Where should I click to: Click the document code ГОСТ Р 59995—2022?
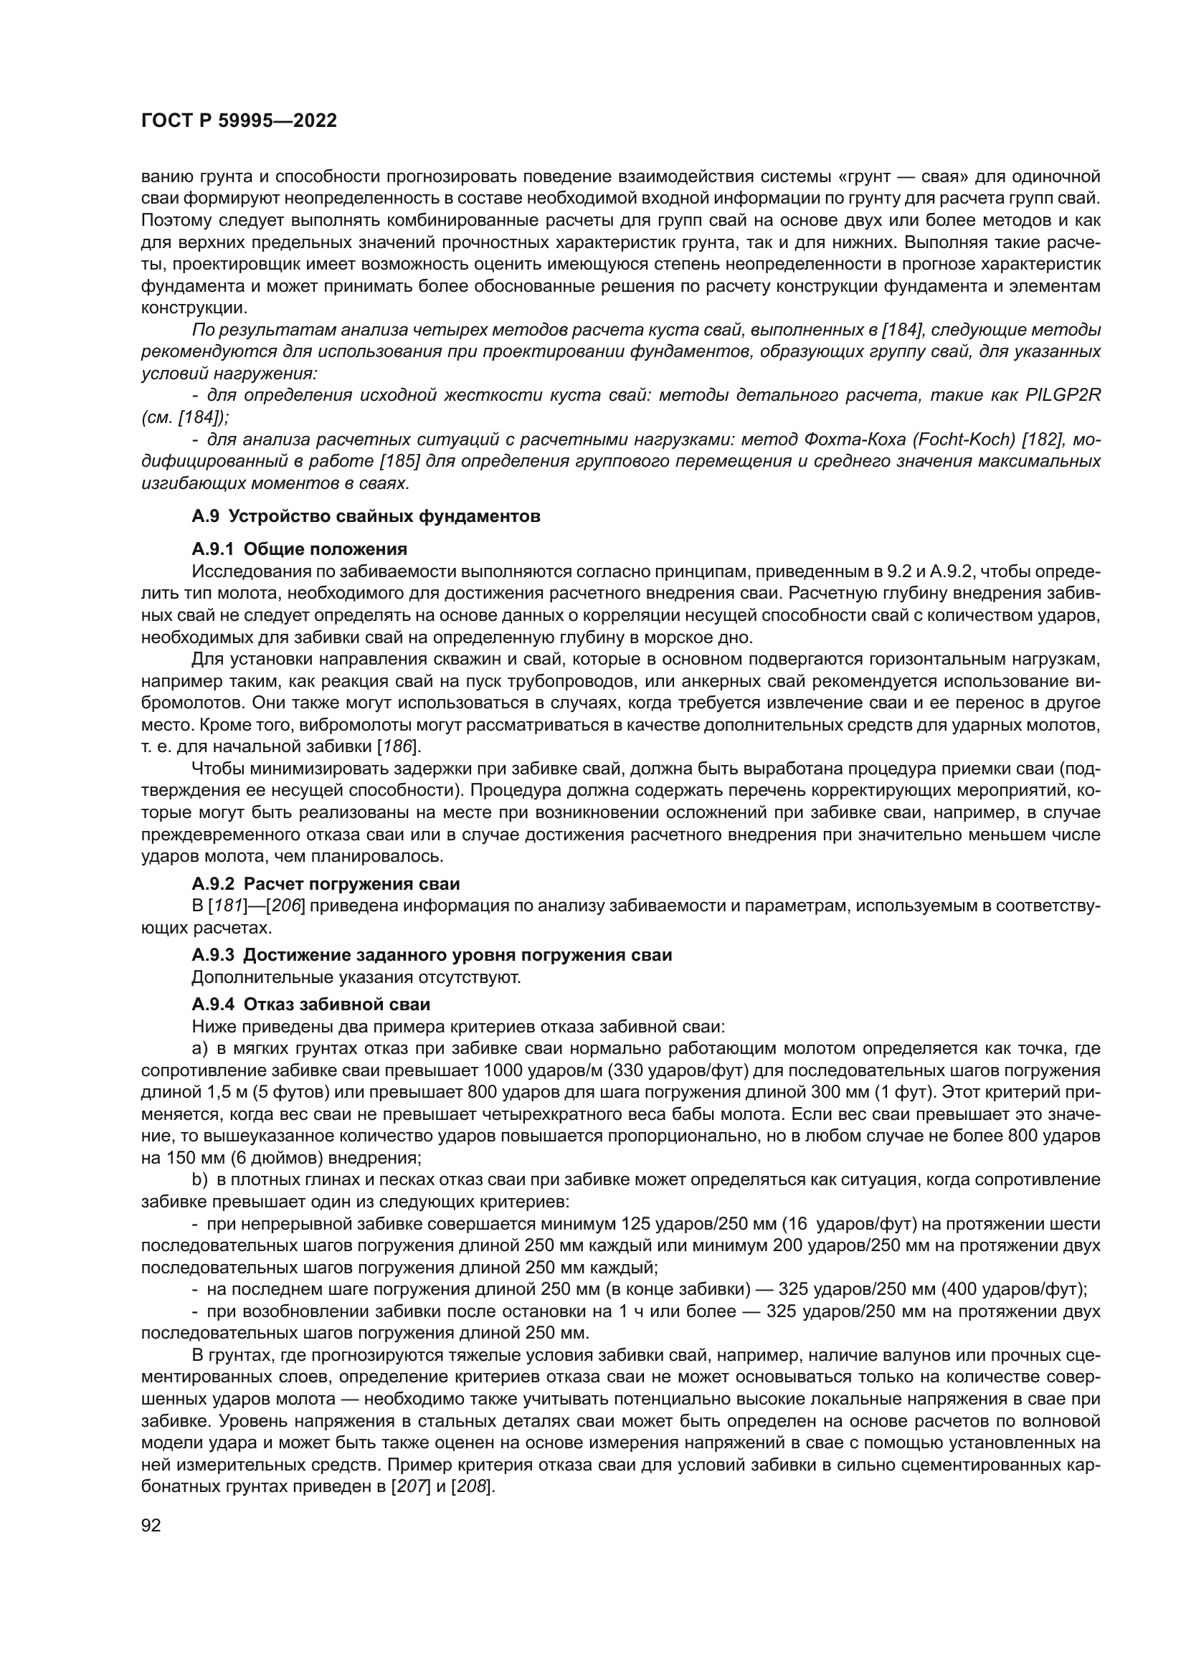point(239,121)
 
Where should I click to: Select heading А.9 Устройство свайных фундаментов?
point(366,516)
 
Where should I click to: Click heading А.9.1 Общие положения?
point(300,548)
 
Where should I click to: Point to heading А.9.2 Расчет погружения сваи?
point(326,884)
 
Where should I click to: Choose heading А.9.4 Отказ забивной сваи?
point(310,1004)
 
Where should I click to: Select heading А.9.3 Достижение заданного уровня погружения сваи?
point(432,954)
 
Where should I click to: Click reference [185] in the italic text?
point(399,462)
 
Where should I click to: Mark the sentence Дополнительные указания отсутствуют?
point(356,977)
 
